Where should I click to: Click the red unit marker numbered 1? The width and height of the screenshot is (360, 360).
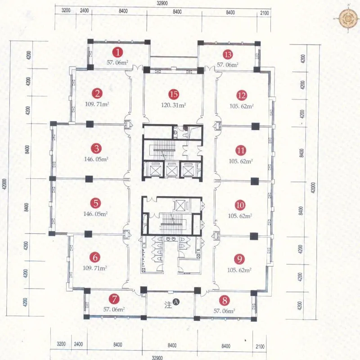117,53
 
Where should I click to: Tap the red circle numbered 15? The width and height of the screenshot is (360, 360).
174,94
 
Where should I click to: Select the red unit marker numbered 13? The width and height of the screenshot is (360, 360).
228,54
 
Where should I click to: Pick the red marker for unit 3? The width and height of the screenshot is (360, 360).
96,148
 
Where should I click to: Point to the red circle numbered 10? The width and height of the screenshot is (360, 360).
240,205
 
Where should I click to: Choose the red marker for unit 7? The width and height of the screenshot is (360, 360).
114,299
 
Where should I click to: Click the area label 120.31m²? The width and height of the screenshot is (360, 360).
173,105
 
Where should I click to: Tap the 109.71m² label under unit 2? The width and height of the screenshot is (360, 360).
97,104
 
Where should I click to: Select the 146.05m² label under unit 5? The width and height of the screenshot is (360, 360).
95,214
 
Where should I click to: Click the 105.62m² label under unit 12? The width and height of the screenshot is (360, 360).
242,106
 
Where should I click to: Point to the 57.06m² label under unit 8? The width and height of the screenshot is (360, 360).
224,311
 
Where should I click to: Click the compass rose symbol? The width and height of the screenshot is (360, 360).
348,19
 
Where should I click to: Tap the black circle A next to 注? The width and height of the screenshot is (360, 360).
176,302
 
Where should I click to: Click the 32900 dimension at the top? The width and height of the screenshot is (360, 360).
162,4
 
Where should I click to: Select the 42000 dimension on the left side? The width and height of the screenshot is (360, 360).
5,184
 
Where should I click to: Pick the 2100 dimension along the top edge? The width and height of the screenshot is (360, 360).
265,13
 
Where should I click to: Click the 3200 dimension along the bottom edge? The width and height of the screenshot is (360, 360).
61,344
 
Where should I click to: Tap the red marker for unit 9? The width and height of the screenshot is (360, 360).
239,259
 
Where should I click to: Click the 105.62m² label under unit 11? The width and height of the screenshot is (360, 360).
241,161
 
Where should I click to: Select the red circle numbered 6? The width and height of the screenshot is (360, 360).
95,257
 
